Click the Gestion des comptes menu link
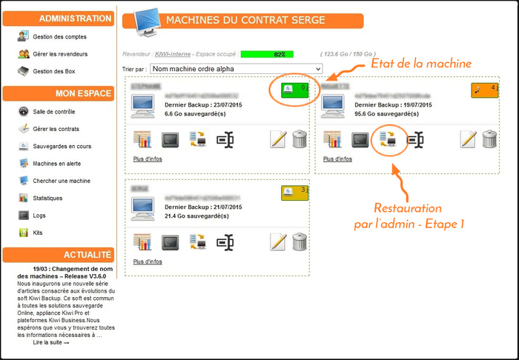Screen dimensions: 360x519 coord(59,36)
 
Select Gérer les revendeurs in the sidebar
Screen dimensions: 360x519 coord(59,54)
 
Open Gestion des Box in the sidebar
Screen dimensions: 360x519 coord(53,72)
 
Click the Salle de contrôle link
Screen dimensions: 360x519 coord(54,112)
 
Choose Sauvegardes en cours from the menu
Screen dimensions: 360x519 coord(62,146)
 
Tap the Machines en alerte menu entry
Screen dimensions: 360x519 coord(57,164)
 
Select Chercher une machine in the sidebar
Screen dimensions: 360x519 coord(61,181)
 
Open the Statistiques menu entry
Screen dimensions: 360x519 coord(47,199)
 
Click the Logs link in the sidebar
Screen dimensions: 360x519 coord(39,216)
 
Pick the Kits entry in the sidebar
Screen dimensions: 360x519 coord(38,233)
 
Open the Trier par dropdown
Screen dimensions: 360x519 coord(236,69)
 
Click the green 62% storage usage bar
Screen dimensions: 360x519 coord(267,54)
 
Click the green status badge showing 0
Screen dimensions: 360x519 coord(295,90)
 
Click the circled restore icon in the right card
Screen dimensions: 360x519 coord(389,139)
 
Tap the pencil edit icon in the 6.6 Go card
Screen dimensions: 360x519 coord(278,139)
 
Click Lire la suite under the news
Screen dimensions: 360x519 coord(50,343)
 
